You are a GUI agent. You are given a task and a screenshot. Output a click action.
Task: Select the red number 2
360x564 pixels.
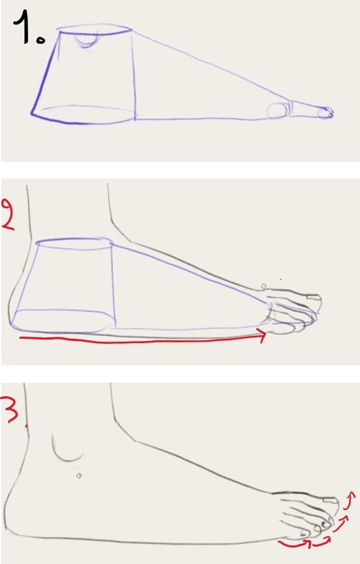point(9,214)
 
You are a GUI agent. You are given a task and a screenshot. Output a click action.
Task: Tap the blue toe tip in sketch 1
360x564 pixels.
point(325,114)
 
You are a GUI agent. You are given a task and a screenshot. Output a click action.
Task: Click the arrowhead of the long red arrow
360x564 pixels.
point(262,335)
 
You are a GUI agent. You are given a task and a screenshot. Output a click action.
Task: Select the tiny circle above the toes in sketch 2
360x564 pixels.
point(264,286)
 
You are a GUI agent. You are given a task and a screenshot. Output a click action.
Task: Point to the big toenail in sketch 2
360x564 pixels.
point(313,297)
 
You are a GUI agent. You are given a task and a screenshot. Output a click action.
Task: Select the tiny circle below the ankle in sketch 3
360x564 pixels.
point(79,476)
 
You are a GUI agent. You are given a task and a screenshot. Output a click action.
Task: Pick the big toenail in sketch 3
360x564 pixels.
point(331,499)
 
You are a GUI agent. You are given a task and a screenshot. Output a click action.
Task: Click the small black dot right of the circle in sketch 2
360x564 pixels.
point(281,279)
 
